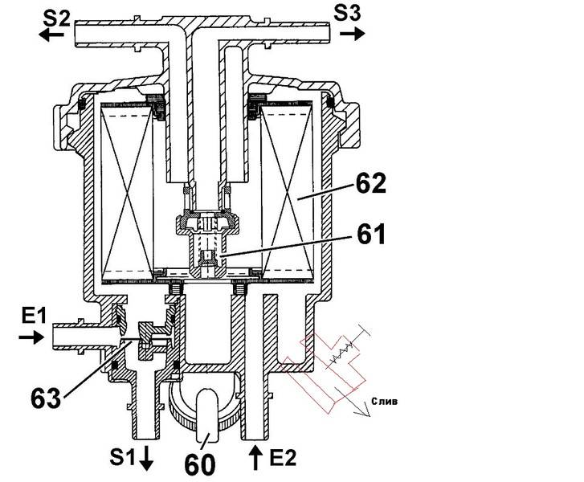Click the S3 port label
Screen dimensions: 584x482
pos(347,14)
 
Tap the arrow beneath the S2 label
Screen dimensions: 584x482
pos(51,35)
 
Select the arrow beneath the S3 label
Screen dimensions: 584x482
pos(353,33)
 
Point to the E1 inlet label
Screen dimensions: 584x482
pos(34,317)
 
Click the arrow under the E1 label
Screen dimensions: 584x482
pos(31,337)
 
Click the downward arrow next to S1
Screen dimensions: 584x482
pos(146,458)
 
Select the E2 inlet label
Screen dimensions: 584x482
pos(283,457)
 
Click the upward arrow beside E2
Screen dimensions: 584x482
pos(255,458)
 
